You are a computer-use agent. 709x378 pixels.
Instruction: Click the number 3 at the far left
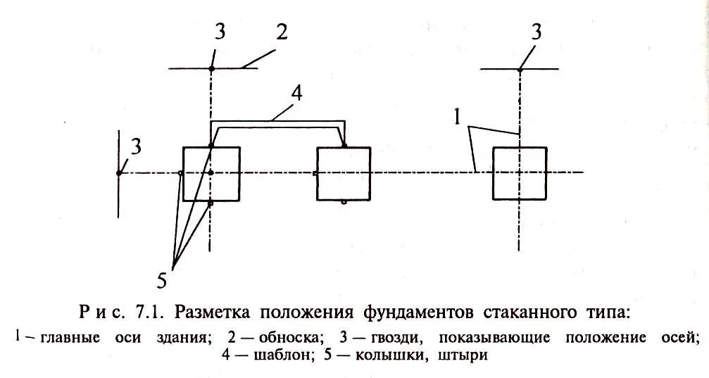136,147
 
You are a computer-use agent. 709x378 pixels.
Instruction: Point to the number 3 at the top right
537,32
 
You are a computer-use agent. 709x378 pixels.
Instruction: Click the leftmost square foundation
211,174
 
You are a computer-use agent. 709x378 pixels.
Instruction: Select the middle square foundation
343,174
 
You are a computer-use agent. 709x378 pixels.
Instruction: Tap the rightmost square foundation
520,173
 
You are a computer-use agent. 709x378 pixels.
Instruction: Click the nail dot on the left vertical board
119,172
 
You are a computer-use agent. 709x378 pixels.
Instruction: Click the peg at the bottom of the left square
211,203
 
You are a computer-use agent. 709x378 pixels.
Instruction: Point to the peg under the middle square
343,201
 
